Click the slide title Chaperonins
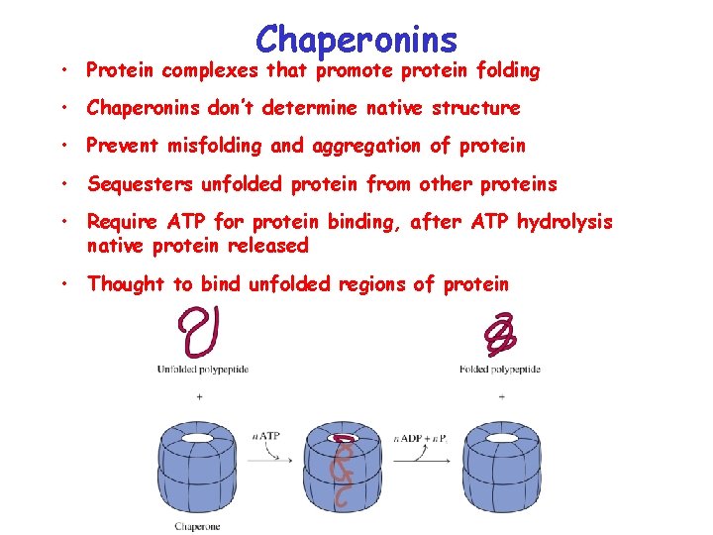356,39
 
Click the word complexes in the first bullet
212,70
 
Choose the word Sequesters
140,184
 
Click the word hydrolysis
564,223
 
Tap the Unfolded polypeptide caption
202,370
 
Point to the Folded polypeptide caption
500,370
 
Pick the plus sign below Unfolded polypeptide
200,396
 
